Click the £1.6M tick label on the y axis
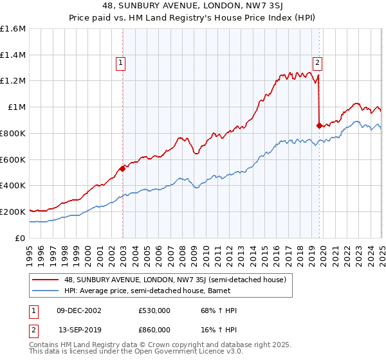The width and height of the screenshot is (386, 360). [x=13, y=29]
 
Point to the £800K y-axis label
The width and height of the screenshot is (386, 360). [x=13, y=133]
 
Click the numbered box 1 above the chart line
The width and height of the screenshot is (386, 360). [x=120, y=62]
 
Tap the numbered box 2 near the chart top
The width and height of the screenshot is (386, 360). [x=317, y=62]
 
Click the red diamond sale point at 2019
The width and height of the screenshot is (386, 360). [x=319, y=125]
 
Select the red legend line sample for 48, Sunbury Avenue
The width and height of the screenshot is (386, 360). [x=45, y=280]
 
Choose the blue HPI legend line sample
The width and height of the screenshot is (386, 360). [x=45, y=291]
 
